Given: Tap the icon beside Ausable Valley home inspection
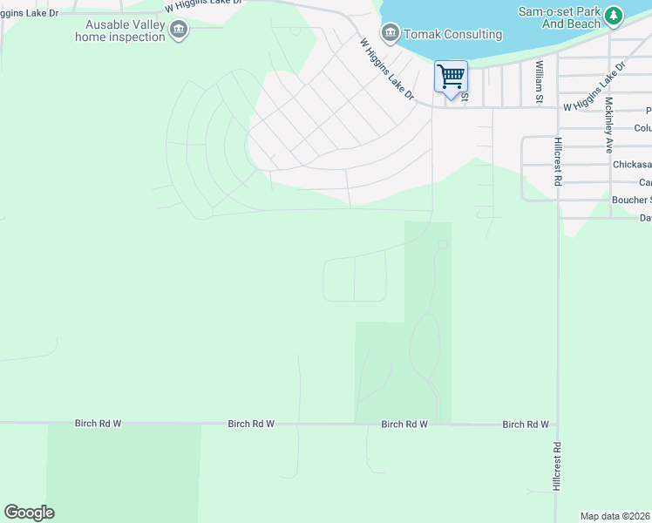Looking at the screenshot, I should pyautogui.click(x=179, y=31).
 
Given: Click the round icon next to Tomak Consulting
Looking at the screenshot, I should pyautogui.click(x=391, y=34).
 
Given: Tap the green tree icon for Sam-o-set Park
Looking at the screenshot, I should pyautogui.click(x=615, y=16).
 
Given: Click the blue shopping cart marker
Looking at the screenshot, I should pyautogui.click(x=451, y=77).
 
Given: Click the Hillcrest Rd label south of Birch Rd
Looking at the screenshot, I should pyautogui.click(x=556, y=467).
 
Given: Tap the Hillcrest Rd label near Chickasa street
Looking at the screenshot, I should pyautogui.click(x=556, y=161).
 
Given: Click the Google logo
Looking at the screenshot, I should pyautogui.click(x=29, y=513).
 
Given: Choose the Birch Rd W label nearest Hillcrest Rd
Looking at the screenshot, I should pyautogui.click(x=525, y=425).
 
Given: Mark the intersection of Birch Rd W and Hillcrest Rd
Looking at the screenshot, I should pyautogui.click(x=557, y=425).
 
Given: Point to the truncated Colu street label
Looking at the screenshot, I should pyautogui.click(x=642, y=128).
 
